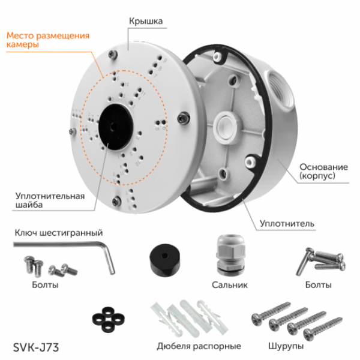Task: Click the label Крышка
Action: (x=146, y=21)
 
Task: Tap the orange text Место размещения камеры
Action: (x=48, y=40)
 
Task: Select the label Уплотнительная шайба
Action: (x=49, y=199)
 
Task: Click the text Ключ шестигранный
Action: (x=57, y=232)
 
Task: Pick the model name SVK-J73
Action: (x=35, y=346)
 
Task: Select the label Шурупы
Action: (x=286, y=346)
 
